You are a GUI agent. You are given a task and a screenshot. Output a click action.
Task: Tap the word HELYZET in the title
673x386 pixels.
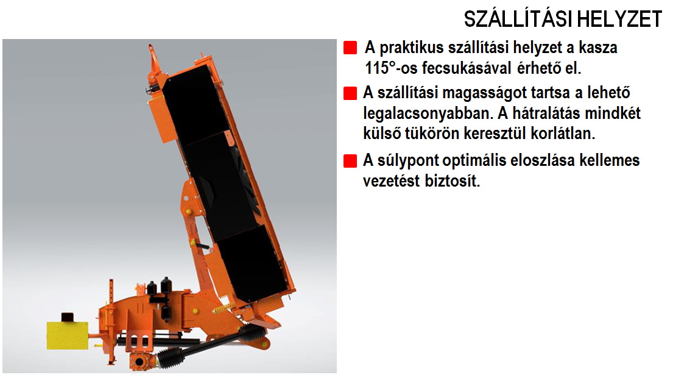pos(619,20)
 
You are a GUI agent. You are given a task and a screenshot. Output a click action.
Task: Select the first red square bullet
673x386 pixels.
pos(350,48)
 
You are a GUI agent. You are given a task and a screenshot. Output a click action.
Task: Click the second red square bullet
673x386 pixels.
pos(350,93)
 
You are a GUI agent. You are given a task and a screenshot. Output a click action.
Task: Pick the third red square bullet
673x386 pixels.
pos(350,161)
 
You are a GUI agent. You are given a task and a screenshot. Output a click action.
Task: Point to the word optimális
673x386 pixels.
pos(474,161)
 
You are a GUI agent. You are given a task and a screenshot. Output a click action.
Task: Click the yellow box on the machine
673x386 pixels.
pos(68,335)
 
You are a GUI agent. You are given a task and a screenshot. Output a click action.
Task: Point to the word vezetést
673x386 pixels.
pos(392,180)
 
